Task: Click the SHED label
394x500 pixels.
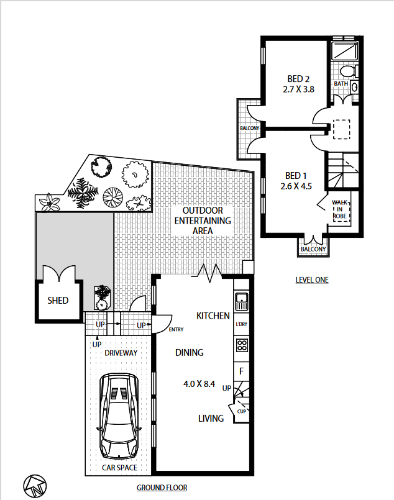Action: [x=58, y=301]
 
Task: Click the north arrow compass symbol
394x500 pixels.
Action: [x=35, y=486]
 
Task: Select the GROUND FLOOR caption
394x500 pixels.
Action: [x=162, y=488]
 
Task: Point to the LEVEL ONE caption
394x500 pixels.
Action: [x=312, y=280]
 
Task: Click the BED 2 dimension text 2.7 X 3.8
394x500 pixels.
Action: [x=299, y=89]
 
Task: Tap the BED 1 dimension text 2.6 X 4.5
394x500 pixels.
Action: [x=296, y=186]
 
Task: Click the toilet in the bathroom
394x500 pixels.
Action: [x=349, y=71]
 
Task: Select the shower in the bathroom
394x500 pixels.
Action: [x=344, y=51]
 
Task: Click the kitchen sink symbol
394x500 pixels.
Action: [x=242, y=301]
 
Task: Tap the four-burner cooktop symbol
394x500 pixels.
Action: [x=242, y=345]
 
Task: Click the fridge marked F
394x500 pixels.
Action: [x=242, y=371]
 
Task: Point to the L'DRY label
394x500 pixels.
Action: [x=242, y=324]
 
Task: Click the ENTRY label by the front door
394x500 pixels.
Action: [x=176, y=329]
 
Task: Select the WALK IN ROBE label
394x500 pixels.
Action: [x=340, y=209]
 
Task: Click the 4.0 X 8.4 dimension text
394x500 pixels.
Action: [x=199, y=384]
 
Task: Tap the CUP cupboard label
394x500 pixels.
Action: [x=242, y=411]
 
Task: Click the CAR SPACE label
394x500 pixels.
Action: [x=119, y=468]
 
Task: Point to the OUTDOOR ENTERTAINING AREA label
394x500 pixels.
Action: [x=203, y=220]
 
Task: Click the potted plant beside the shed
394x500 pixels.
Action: [x=103, y=298]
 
